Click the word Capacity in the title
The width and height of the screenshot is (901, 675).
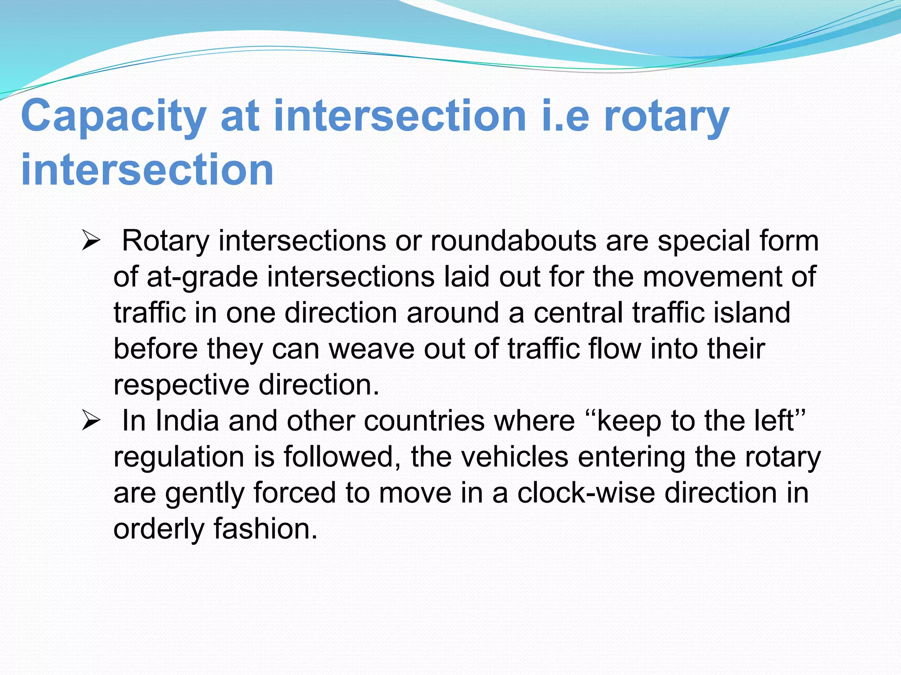114,116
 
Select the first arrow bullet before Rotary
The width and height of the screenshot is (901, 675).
91,242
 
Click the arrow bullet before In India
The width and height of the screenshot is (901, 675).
91,421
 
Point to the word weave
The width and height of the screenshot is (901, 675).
372,349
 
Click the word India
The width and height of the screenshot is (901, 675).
187,421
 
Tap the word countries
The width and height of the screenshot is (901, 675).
425,421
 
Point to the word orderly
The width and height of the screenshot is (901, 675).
159,529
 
